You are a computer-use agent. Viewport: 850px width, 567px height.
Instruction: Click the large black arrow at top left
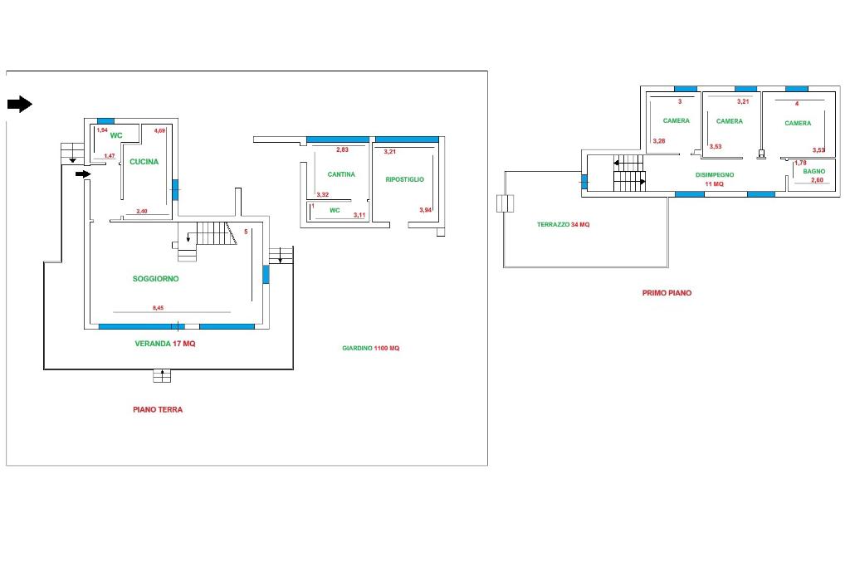[19, 104]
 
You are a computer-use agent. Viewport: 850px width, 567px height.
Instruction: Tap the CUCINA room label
[144, 162]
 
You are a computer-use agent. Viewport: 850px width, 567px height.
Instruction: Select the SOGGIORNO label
[155, 279]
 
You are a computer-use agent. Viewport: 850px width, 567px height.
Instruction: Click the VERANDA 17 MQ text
[165, 343]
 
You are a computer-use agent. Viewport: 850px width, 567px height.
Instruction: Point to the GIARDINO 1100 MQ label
[370, 349]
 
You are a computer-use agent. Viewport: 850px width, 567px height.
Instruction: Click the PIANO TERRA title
[158, 409]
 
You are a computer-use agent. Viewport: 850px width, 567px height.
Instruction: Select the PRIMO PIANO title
[667, 293]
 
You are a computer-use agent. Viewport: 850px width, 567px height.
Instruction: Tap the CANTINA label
[341, 174]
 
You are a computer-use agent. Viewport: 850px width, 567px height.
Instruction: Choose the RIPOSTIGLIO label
[404, 179]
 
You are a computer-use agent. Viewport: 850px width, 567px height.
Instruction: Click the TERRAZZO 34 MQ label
[563, 225]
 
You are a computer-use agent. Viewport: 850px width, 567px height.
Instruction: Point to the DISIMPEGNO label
[715, 174]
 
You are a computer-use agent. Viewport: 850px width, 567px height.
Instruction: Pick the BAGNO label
[813, 171]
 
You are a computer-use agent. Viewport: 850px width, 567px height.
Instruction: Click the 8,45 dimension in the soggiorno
[158, 308]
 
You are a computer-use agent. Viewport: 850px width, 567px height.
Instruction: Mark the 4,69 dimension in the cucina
[160, 130]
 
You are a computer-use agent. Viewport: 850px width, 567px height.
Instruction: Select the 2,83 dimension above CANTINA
[342, 149]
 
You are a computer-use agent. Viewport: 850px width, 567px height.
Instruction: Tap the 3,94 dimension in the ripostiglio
[426, 210]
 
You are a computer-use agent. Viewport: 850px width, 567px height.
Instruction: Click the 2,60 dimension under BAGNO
[817, 180]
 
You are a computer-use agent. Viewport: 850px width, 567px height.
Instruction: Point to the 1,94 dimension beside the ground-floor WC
[102, 130]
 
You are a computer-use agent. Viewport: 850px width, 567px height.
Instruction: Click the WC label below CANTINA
[335, 210]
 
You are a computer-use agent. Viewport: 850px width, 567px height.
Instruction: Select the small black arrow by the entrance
[82, 174]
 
